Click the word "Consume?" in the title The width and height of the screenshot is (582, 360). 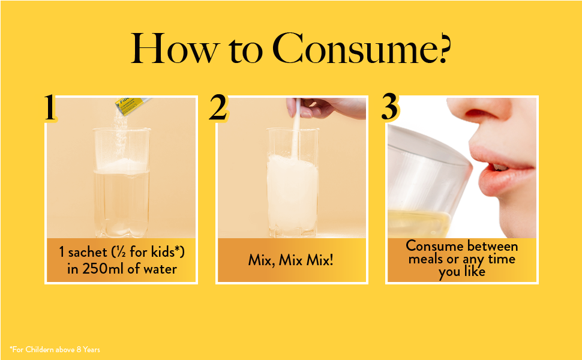[x=362, y=49]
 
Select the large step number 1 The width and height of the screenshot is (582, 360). [x=50, y=107]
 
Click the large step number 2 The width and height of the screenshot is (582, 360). [x=218, y=107]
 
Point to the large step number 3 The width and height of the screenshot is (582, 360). [x=390, y=107]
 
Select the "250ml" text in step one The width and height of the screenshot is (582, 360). [x=103, y=269]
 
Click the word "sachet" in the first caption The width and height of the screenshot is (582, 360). [x=88, y=253]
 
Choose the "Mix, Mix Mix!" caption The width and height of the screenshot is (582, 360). [x=290, y=260]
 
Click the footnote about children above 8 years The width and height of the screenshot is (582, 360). [x=55, y=349]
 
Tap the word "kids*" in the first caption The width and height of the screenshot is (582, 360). [x=167, y=252]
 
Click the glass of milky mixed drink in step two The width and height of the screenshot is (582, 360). [x=293, y=182]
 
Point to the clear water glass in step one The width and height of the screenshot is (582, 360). [x=121, y=182]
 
